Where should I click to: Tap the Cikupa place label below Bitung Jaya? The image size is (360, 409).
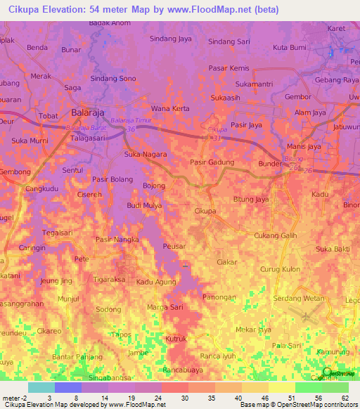205,211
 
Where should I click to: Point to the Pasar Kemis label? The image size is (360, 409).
229,68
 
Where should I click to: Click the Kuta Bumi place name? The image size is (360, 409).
289,48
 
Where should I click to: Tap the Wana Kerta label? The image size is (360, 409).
171,109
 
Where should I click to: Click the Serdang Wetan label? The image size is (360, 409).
299,298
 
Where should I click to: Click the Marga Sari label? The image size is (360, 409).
165,307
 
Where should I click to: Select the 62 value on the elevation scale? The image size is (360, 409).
345,397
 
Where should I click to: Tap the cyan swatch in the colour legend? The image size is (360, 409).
41,387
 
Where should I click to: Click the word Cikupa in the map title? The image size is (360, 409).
25,10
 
